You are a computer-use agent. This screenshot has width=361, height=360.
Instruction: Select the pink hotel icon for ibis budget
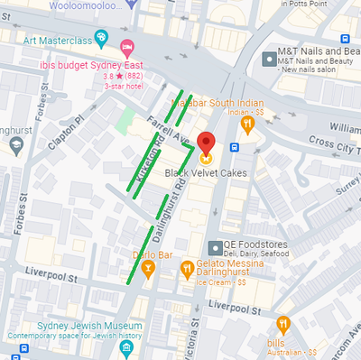coord(128,46)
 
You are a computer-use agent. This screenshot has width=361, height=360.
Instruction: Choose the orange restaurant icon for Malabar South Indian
coord(246,125)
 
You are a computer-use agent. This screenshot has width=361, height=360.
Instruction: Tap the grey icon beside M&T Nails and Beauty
coord(268,59)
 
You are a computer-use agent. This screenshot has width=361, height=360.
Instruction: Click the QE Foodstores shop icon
coord(214,247)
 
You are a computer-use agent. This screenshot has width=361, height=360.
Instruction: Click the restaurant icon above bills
coord(283,325)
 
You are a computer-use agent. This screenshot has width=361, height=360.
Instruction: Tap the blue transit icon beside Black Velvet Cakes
coord(234,147)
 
